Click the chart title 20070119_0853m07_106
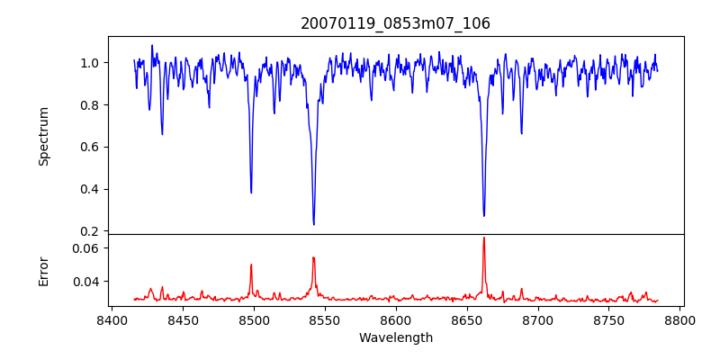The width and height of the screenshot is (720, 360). coord(395,23)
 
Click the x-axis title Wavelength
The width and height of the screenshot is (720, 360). coord(395,338)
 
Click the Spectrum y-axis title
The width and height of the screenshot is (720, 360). coord(43,136)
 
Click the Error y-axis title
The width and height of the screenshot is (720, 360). coord(43,270)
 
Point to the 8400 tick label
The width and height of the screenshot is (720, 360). coord(111,320)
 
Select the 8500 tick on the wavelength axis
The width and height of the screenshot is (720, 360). coord(253,320)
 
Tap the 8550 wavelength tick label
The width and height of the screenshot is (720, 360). coord(324,320)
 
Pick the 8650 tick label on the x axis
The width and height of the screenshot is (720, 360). coord(466,320)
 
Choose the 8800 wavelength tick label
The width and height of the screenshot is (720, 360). coord(680,320)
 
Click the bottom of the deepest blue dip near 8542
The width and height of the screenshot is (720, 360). coord(313,224)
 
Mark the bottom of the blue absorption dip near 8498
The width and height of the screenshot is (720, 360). coord(251,193)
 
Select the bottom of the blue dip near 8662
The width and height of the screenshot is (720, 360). coord(483,215)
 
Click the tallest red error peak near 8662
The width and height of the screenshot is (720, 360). coord(483,238)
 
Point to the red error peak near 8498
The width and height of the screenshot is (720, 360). coord(251,265)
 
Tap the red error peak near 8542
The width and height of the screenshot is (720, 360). coord(313,257)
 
